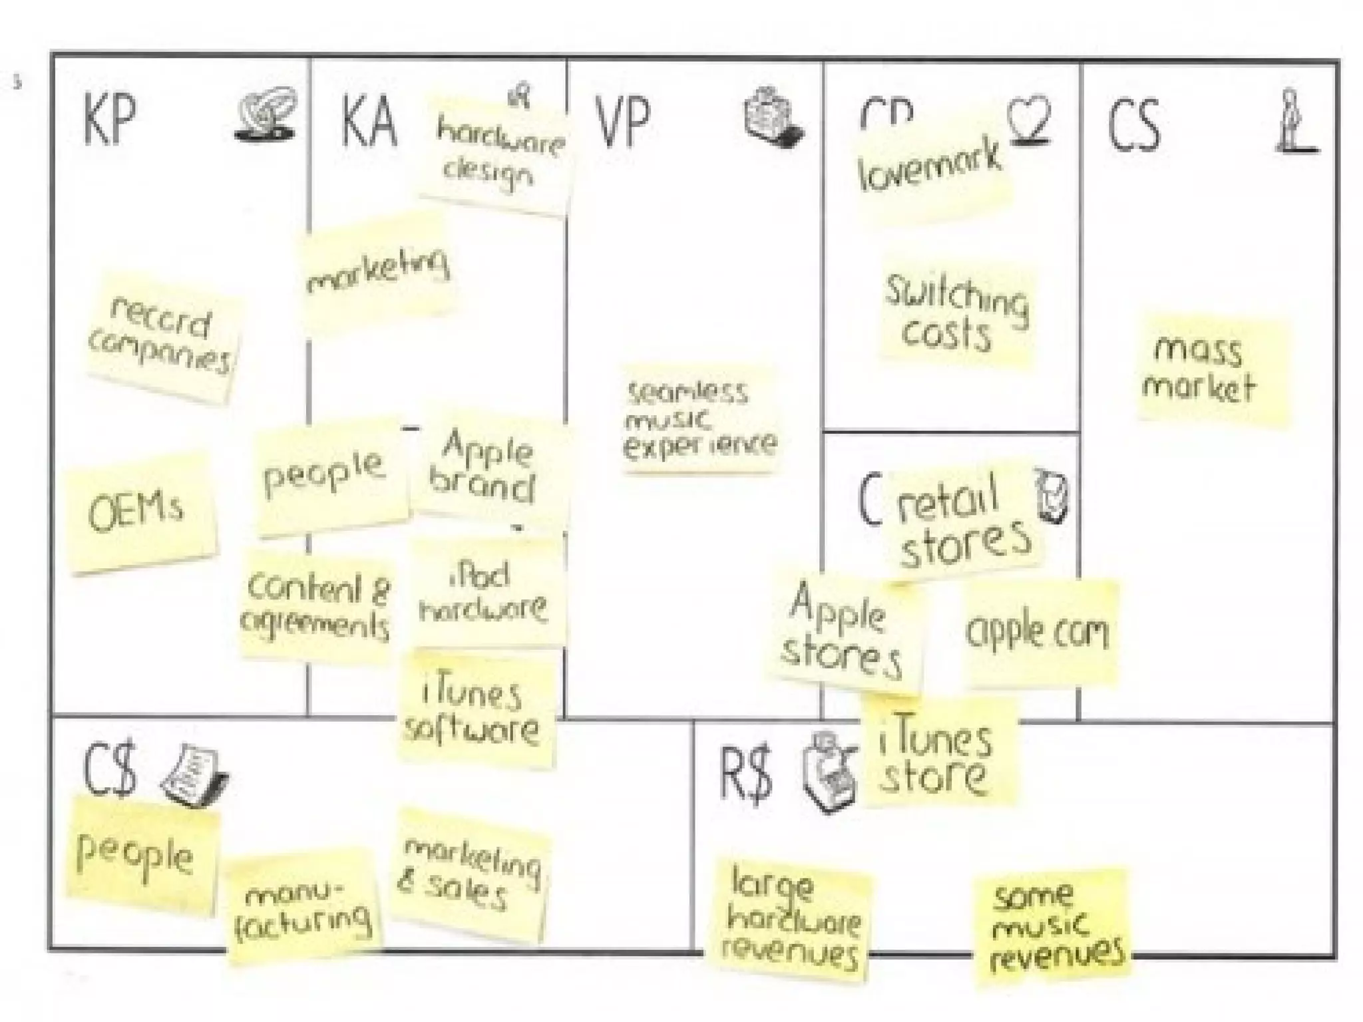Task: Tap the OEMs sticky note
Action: (x=139, y=511)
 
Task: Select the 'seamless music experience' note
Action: (x=699, y=419)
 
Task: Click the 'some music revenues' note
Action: (x=1053, y=926)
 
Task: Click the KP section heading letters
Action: (x=110, y=120)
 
